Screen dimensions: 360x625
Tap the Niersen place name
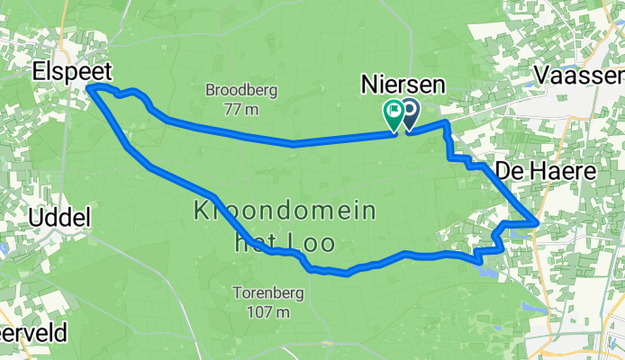403,84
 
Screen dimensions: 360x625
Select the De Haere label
559,169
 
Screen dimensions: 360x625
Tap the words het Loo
284,241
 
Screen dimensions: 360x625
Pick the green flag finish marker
394,114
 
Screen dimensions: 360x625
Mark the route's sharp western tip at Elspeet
89,86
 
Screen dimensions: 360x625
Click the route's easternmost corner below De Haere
537,220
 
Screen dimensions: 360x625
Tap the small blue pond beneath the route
486,269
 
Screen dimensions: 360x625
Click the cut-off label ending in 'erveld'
32,333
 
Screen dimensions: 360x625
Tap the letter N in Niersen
369,84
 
